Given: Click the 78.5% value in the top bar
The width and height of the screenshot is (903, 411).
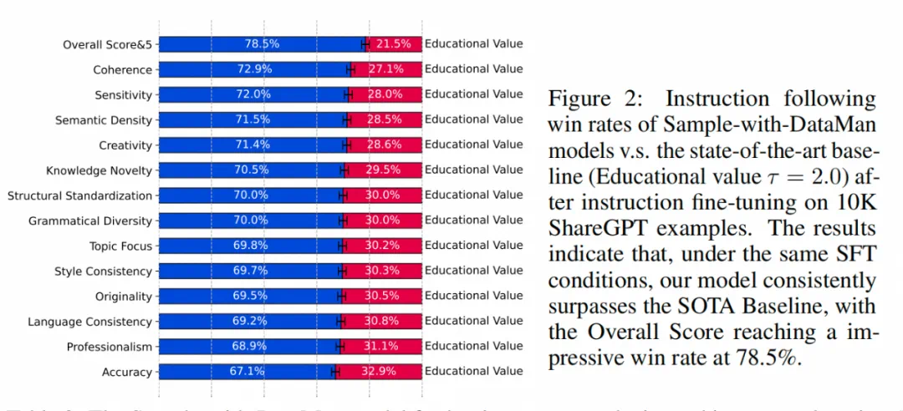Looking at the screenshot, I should point(262,43).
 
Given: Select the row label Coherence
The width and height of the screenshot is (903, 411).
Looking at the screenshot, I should point(123,70).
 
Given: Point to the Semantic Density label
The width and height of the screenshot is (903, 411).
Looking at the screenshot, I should point(104,120).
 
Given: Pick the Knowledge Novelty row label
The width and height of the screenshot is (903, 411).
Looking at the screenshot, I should point(99,170).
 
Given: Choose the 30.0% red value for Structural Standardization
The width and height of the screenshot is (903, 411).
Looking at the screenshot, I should point(383,195).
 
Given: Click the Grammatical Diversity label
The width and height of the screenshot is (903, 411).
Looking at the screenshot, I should point(90,221).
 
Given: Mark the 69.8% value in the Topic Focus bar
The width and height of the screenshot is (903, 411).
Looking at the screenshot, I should point(248,246).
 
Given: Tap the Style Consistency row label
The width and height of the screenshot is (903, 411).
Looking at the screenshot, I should point(104,271).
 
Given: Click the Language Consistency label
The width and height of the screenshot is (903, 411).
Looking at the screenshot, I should point(90,322).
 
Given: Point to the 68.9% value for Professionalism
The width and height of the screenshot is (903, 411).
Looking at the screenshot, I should point(247,346).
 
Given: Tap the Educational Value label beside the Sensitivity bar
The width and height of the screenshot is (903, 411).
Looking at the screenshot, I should point(473,94).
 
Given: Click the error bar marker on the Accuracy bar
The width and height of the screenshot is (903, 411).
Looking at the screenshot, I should point(334,371).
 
